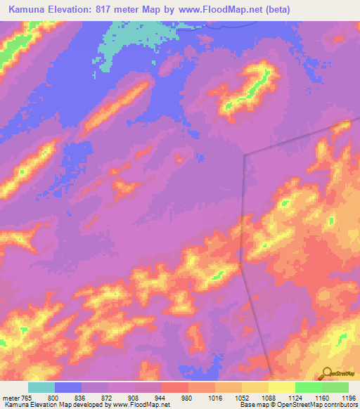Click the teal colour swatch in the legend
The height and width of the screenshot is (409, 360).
[x=41, y=387]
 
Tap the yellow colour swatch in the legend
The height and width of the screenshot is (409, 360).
[x=281, y=387]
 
